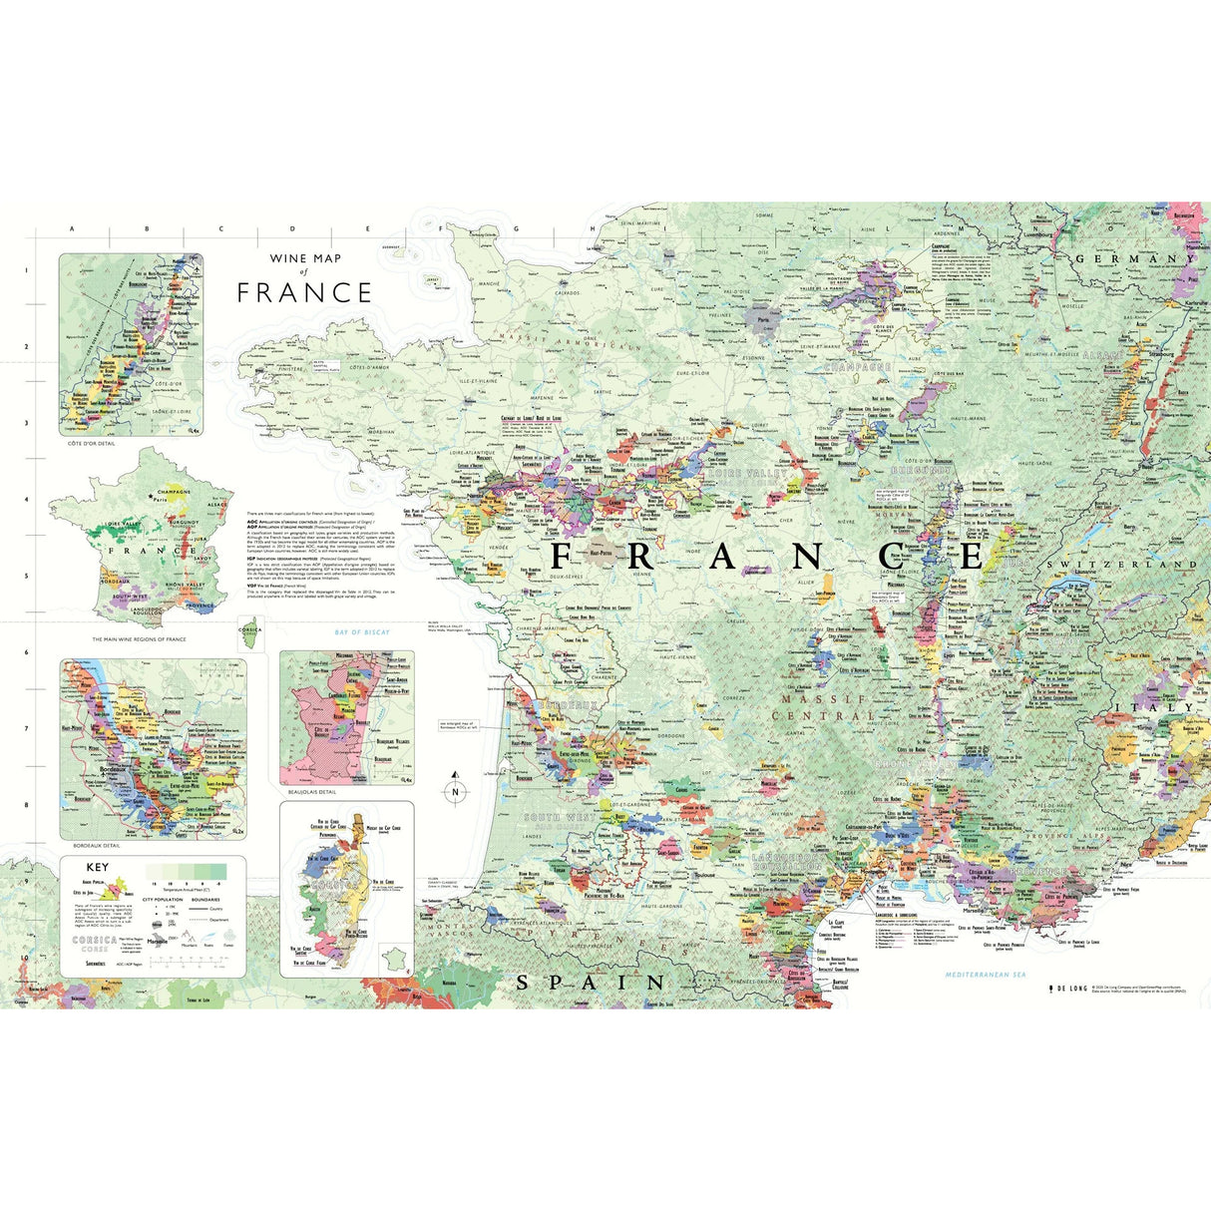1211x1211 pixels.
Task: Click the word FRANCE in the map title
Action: [304, 292]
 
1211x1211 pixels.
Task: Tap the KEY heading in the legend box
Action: [98, 868]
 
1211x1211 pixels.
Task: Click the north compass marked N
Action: [455, 790]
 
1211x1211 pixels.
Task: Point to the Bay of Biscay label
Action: [362, 632]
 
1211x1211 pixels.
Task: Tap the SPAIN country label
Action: [590, 983]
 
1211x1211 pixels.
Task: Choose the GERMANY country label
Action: [1134, 258]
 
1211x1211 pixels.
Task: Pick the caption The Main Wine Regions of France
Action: [139, 639]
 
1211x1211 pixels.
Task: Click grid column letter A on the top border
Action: [72, 228]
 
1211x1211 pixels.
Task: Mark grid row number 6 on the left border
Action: [26, 652]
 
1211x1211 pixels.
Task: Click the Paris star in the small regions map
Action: [152, 495]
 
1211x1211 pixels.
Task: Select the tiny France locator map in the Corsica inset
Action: [397, 960]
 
